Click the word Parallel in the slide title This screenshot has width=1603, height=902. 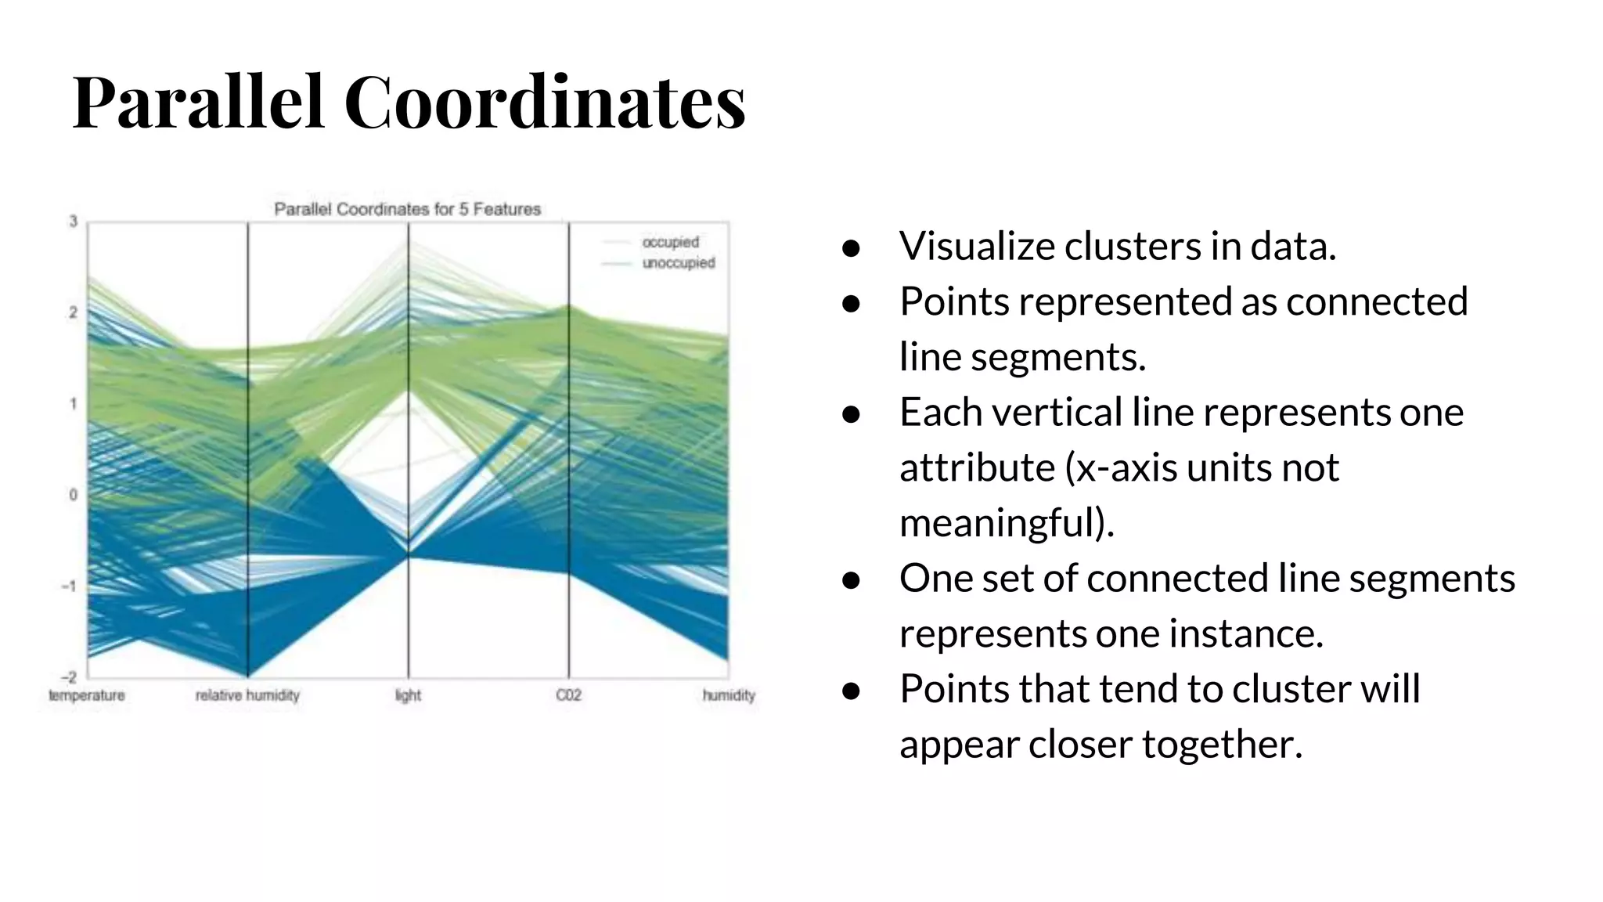(x=197, y=102)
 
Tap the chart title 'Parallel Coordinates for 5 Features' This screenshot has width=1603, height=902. (x=407, y=209)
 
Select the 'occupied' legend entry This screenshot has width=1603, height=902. (x=670, y=242)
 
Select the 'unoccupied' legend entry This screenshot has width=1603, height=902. (x=678, y=263)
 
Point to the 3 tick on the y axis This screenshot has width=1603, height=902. (x=74, y=222)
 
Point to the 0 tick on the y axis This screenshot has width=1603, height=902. (x=74, y=495)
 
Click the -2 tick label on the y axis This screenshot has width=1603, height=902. (x=70, y=677)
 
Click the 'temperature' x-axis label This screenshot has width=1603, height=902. (x=87, y=695)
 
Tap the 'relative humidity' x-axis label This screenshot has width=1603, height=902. (x=247, y=695)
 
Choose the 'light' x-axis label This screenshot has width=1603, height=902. (x=408, y=695)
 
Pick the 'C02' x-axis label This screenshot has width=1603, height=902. (x=568, y=695)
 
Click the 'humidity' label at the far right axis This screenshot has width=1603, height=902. (x=729, y=695)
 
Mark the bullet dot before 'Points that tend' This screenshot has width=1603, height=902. (x=851, y=691)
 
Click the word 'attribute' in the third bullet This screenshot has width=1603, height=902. (x=977, y=468)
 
